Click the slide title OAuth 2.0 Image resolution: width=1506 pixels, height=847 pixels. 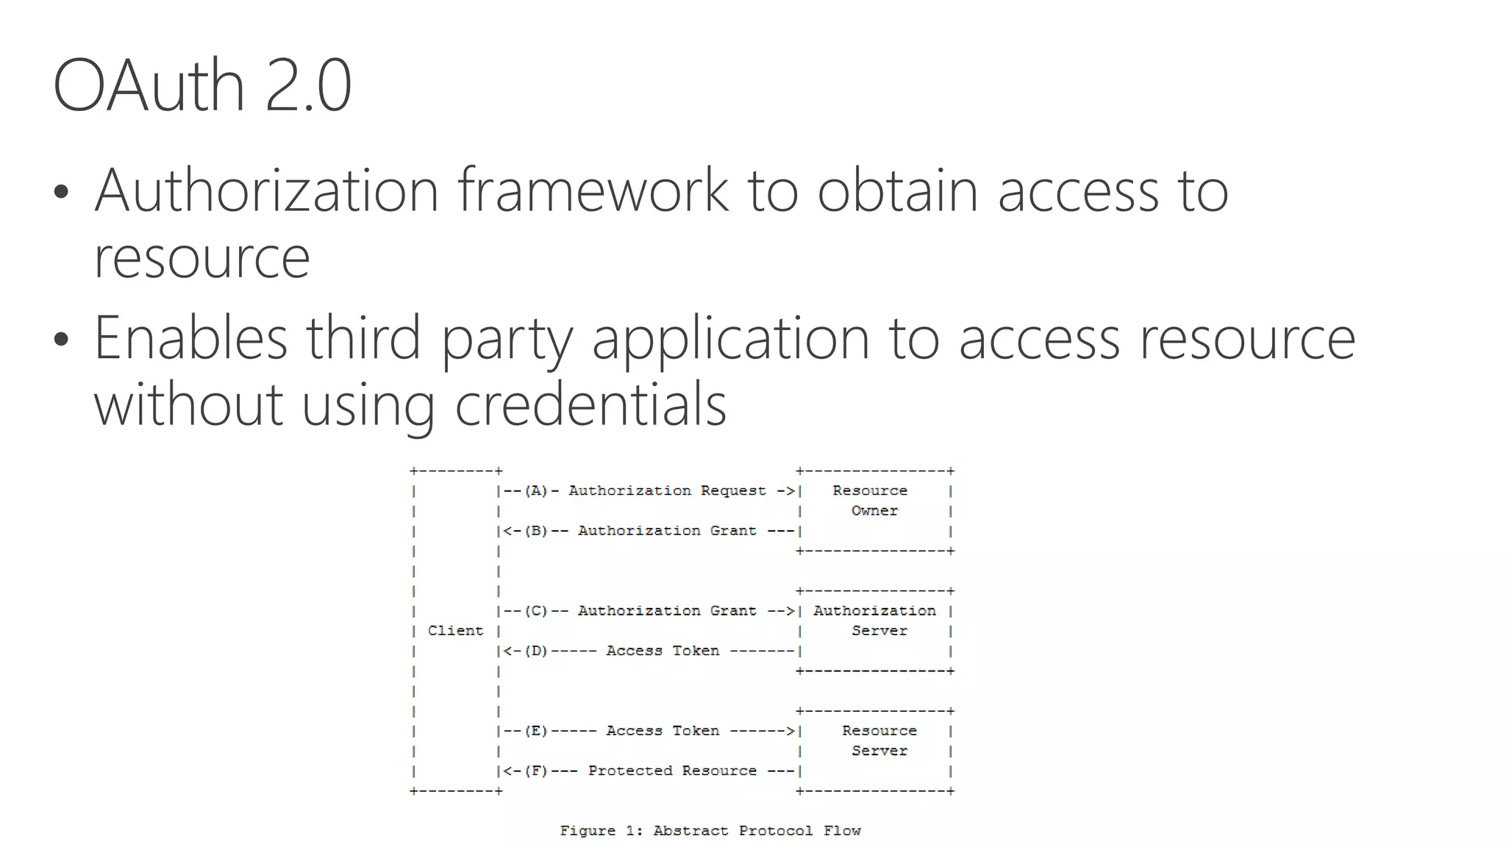[202, 86]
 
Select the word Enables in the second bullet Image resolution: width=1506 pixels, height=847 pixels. [190, 337]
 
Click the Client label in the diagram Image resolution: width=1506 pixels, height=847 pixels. [455, 631]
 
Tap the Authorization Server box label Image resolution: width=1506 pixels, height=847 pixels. [875, 621]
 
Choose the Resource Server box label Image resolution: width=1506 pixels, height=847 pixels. [879, 740]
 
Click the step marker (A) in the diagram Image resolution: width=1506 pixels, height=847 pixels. [536, 491]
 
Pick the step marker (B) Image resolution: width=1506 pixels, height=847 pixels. [536, 531]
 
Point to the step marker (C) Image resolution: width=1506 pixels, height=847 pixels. [536, 611]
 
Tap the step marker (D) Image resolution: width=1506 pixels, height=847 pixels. [536, 651]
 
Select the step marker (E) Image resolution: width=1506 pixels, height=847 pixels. [536, 731]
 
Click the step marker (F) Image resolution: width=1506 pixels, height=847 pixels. [536, 771]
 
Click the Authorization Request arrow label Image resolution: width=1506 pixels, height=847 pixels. [667, 491]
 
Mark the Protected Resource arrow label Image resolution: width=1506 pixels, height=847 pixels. [672, 771]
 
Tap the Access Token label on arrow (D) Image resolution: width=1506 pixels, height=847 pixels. [663, 651]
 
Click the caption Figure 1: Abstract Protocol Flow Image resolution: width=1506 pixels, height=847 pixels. [710, 831]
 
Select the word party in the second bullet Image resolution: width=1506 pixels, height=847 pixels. [506, 339]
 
